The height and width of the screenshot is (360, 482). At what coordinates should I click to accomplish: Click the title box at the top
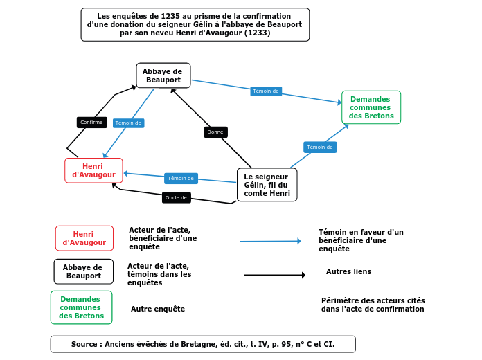[195, 25]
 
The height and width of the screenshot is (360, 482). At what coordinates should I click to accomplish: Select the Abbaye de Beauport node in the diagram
[163, 75]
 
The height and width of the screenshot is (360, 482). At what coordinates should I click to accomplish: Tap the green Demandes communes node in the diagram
[371, 107]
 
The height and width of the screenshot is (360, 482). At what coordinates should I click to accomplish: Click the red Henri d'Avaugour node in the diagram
[93, 170]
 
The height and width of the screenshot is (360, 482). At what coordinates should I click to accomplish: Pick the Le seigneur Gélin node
[267, 185]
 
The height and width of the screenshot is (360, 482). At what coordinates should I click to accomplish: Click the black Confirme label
[91, 123]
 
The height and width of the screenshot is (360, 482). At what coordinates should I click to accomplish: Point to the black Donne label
[215, 132]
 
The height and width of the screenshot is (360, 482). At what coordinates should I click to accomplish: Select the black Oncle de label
[176, 198]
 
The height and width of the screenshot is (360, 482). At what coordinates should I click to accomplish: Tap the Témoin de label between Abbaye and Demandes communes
[266, 91]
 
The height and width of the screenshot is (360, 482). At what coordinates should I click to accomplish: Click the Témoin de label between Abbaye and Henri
[128, 123]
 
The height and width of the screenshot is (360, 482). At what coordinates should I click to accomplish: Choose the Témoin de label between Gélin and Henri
[181, 179]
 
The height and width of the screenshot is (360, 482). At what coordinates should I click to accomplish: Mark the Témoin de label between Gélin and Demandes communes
[320, 147]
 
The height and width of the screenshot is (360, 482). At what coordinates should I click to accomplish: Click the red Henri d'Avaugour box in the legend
[84, 238]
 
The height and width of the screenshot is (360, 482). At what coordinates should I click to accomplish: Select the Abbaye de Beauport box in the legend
[83, 271]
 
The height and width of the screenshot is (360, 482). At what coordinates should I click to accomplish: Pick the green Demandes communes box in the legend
[81, 307]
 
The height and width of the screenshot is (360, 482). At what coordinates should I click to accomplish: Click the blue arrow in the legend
[270, 241]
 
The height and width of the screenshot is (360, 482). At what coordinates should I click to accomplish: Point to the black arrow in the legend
[274, 275]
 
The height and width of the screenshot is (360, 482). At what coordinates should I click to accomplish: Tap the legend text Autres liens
[348, 271]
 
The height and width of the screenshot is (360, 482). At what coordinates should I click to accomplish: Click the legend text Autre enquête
[158, 309]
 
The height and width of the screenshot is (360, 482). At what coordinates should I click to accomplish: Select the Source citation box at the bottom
[202, 344]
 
